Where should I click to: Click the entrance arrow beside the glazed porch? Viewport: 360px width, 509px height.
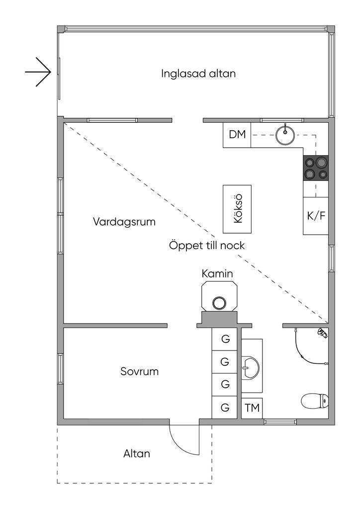[39, 73]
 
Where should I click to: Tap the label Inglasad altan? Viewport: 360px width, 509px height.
[198, 74]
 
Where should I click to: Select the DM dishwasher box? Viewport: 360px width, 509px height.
[237, 134]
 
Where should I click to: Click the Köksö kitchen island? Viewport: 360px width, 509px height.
[237, 209]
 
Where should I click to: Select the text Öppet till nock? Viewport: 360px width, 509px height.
[207, 246]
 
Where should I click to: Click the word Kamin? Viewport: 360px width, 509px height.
[217, 273]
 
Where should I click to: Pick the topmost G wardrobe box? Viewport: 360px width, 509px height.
[225, 339]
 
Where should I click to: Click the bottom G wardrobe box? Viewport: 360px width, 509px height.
[225, 408]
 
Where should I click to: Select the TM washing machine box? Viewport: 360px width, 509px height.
[252, 408]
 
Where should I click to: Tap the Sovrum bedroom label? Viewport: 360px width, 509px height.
[140, 371]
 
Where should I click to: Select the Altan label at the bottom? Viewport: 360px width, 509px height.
[136, 453]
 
